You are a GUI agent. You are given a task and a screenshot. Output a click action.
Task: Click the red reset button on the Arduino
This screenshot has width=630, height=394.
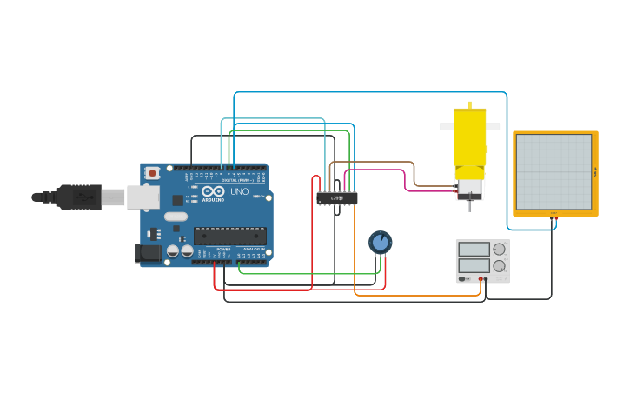point(152,173)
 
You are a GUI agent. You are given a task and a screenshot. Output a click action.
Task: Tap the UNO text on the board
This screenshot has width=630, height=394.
point(239,191)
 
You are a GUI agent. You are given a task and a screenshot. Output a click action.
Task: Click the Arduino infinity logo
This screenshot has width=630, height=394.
point(213,191)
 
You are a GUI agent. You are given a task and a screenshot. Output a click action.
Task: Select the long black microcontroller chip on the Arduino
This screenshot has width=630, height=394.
point(229,235)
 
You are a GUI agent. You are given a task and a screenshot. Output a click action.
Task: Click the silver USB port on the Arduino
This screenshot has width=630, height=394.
point(143,197)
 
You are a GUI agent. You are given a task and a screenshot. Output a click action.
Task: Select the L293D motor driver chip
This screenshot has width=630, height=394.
point(337,198)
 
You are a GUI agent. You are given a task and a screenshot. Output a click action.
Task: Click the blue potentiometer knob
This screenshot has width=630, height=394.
point(380,241)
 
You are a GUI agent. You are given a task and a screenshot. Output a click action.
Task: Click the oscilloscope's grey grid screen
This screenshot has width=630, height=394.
point(554,171)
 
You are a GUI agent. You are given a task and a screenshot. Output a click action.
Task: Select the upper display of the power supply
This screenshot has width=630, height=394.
point(474,249)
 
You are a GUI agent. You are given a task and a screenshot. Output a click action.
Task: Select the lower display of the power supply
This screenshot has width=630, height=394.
point(474,264)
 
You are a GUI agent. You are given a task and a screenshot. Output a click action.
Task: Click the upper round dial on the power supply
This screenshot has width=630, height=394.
point(499,249)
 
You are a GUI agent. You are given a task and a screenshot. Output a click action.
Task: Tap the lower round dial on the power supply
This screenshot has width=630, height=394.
point(499,265)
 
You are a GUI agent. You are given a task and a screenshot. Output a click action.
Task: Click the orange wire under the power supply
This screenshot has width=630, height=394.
point(417,296)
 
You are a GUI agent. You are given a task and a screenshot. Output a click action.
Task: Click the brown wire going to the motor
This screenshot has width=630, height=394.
point(414,174)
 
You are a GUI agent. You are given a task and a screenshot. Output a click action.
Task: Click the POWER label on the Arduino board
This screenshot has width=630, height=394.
point(223,250)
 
